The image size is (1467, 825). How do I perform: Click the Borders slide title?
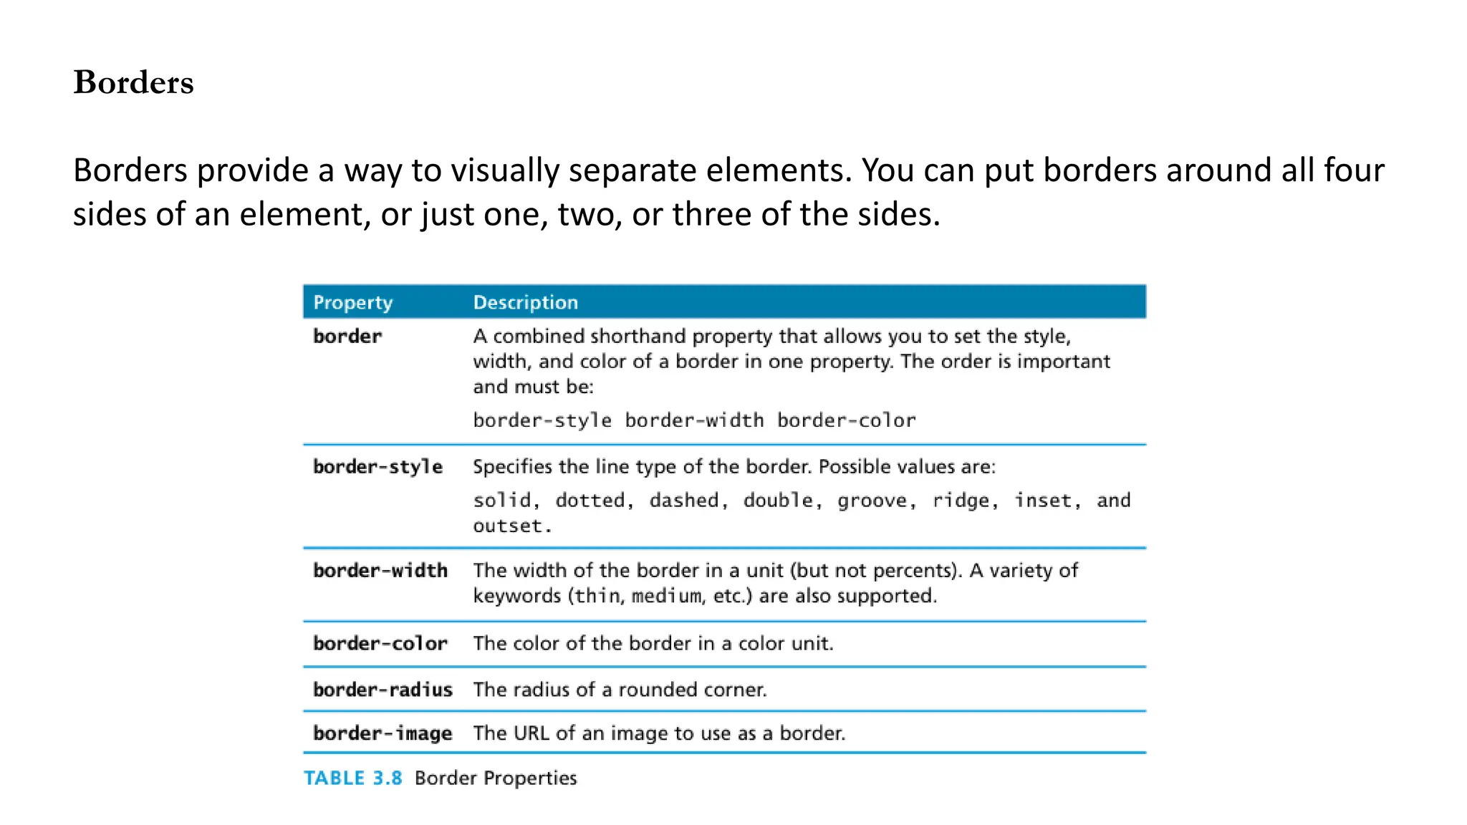coord(133,82)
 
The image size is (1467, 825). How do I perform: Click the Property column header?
coord(353,302)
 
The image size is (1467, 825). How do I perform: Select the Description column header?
coord(526,302)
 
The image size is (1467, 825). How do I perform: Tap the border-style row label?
coord(377,467)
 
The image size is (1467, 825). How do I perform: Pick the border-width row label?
coord(380,571)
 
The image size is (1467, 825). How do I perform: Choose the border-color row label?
coord(380,644)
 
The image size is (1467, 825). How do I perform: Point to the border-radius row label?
coord(383,690)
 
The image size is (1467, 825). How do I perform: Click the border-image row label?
coord(383,733)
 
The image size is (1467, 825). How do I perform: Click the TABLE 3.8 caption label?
coord(353,778)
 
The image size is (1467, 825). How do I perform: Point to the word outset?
coord(508,526)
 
